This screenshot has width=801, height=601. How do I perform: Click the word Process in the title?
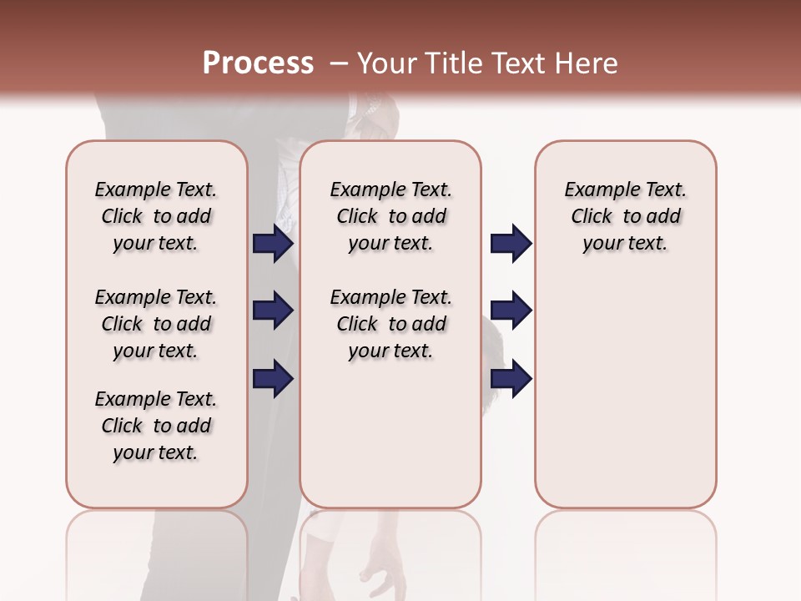pos(258,63)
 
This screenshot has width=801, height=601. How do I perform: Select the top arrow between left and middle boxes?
pos(273,243)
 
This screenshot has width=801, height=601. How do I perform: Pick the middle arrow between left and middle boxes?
pos(273,311)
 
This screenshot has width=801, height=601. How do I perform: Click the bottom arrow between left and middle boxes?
pos(273,378)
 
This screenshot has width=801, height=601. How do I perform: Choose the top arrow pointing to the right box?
pos(511,243)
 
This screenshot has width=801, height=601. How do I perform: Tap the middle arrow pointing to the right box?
pos(511,311)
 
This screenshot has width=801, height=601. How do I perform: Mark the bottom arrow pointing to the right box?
pos(511,378)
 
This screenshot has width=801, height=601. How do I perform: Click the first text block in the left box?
pos(156,216)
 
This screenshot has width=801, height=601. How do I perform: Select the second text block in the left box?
pos(156,324)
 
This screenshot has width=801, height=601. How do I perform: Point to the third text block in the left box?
pos(156,426)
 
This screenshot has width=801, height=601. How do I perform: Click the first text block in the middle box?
pos(390,216)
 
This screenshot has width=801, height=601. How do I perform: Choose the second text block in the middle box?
pos(390,324)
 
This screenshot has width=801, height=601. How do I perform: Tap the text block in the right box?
pos(625,216)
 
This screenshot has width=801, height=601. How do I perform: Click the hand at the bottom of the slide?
pos(380,568)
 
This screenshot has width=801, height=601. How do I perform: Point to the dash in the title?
pos(338,63)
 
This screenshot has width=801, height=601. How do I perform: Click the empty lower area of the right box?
pos(625,392)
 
